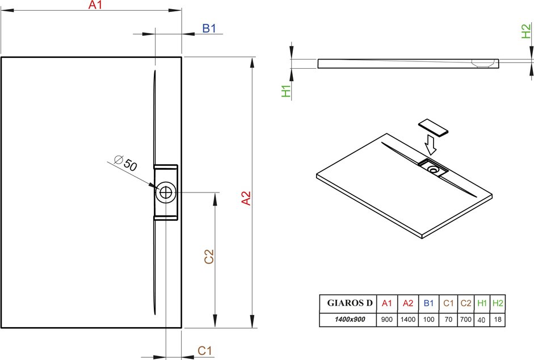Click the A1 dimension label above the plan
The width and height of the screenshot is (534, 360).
[x=95, y=5]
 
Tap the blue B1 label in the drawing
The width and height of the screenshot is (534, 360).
[x=209, y=28]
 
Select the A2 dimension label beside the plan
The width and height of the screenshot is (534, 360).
[x=246, y=198]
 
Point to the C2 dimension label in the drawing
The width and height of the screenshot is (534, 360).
[x=209, y=256]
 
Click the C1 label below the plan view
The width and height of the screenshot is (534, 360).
[x=205, y=350]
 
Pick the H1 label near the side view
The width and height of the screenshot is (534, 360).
[x=286, y=91]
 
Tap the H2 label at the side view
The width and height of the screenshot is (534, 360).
[x=526, y=31]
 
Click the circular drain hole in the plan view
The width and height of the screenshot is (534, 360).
[x=166, y=192]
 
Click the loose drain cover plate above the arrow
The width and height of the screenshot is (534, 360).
[x=433, y=128]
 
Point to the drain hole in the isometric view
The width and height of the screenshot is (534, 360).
[x=434, y=169]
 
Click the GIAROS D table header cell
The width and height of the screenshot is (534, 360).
[x=350, y=303]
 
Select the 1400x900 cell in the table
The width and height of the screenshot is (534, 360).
[x=350, y=320]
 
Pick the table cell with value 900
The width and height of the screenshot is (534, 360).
[x=387, y=320]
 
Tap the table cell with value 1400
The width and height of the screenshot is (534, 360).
[x=407, y=320]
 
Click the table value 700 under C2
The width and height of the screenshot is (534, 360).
[x=465, y=320]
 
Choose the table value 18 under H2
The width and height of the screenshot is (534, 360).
[x=498, y=320]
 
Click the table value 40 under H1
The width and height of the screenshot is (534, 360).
[x=482, y=320]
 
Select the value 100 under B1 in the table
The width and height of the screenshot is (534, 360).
[x=428, y=320]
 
